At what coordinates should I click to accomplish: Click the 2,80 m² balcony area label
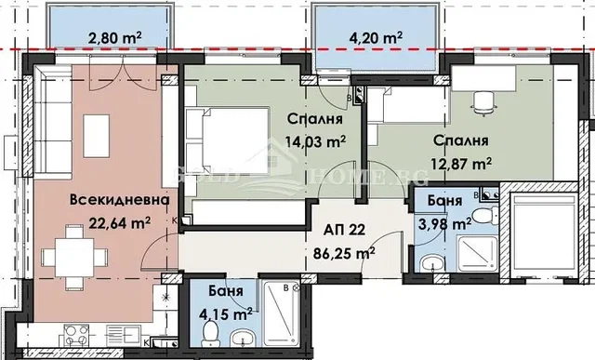point(114,38)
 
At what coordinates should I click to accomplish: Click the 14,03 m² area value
point(315,142)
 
